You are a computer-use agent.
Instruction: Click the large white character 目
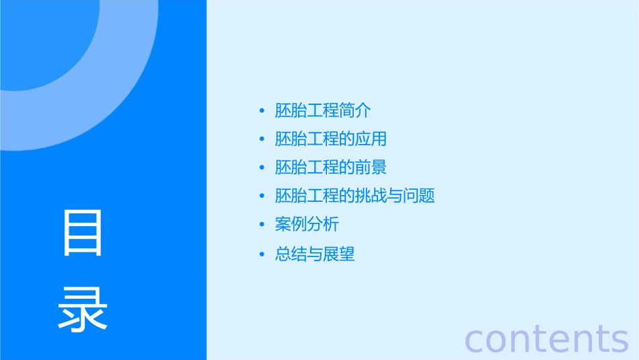tap(83, 233)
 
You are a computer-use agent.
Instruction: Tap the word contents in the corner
tap(546, 338)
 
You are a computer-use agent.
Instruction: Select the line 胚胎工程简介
tap(323, 110)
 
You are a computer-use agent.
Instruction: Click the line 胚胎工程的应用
tap(331, 139)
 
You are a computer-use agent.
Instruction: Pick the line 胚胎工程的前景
tap(331, 168)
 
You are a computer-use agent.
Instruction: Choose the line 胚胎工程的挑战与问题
tap(355, 196)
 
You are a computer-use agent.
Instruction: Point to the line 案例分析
tap(307, 225)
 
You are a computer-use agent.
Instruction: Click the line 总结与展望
tap(315, 254)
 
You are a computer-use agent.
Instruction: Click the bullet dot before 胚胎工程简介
tap(262, 111)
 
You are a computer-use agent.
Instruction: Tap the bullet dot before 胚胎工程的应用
tap(262, 139)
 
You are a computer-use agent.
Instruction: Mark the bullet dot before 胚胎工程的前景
tap(262, 168)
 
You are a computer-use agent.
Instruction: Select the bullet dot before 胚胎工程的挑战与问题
tap(262, 196)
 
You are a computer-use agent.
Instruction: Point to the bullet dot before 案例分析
tap(262, 225)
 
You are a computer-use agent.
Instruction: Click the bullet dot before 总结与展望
tap(262, 254)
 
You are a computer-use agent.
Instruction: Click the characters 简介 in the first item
tap(355, 110)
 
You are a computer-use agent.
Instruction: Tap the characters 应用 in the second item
tap(371, 139)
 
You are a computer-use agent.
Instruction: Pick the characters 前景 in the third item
tap(371, 168)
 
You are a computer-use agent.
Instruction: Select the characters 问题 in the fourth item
tap(420, 196)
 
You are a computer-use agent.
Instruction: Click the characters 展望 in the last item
tap(339, 254)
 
